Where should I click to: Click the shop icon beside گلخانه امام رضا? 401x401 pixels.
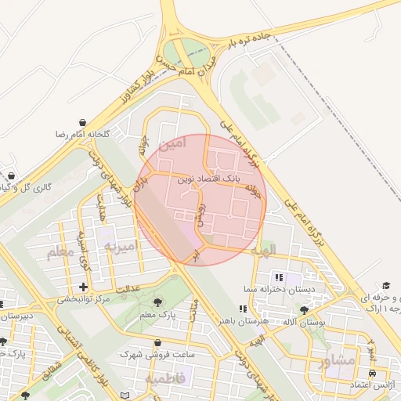tap(83, 122)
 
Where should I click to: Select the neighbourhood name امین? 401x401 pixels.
tap(172, 143)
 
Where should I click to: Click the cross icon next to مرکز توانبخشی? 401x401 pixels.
tap(83, 287)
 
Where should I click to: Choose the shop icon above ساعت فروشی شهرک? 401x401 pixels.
tap(158, 343)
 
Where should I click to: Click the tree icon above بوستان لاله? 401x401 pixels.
tap(304, 310)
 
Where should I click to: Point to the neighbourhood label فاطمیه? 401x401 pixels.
tap(164, 379)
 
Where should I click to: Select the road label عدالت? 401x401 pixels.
tap(128, 290)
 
